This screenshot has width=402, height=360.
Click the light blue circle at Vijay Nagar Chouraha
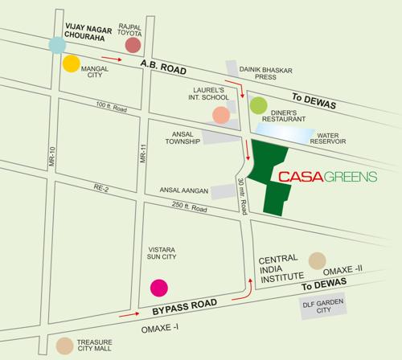click(56, 45)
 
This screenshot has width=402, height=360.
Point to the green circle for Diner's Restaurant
click(258, 104)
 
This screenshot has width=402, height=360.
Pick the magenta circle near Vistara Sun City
click(159, 288)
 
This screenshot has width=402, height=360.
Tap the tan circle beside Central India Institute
click(319, 260)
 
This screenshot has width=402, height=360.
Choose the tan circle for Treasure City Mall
click(64, 346)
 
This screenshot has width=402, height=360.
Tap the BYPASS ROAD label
click(184, 310)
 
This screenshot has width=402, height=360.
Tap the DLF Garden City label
click(322, 305)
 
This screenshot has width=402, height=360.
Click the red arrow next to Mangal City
click(112, 59)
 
